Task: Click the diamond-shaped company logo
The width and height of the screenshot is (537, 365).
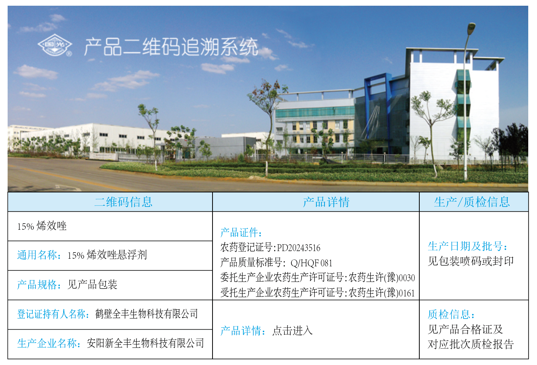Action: (55, 45)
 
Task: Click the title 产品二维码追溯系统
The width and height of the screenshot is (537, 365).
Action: (171, 47)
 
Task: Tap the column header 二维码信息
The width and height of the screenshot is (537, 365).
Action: (123, 202)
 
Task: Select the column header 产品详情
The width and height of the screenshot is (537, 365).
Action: (326, 202)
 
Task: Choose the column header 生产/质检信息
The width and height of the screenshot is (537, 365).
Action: (472, 202)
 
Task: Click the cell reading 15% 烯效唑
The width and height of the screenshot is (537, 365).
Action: (42, 226)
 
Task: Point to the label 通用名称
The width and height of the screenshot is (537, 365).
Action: (37, 255)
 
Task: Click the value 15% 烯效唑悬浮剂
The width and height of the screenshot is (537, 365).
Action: (107, 255)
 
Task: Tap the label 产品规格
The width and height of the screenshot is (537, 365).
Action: (37, 285)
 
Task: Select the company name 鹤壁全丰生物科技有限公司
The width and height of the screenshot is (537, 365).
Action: (147, 314)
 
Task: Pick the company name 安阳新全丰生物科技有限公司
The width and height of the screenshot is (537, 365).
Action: (145, 343)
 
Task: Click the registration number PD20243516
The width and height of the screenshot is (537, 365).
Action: (299, 248)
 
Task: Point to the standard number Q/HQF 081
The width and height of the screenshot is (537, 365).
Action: (312, 263)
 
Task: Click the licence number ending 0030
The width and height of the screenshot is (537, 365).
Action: (382, 278)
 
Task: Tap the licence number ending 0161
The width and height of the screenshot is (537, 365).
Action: (382, 293)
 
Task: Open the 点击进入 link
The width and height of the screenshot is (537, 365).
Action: (292, 331)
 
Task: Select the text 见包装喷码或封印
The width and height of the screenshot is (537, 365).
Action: (471, 261)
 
